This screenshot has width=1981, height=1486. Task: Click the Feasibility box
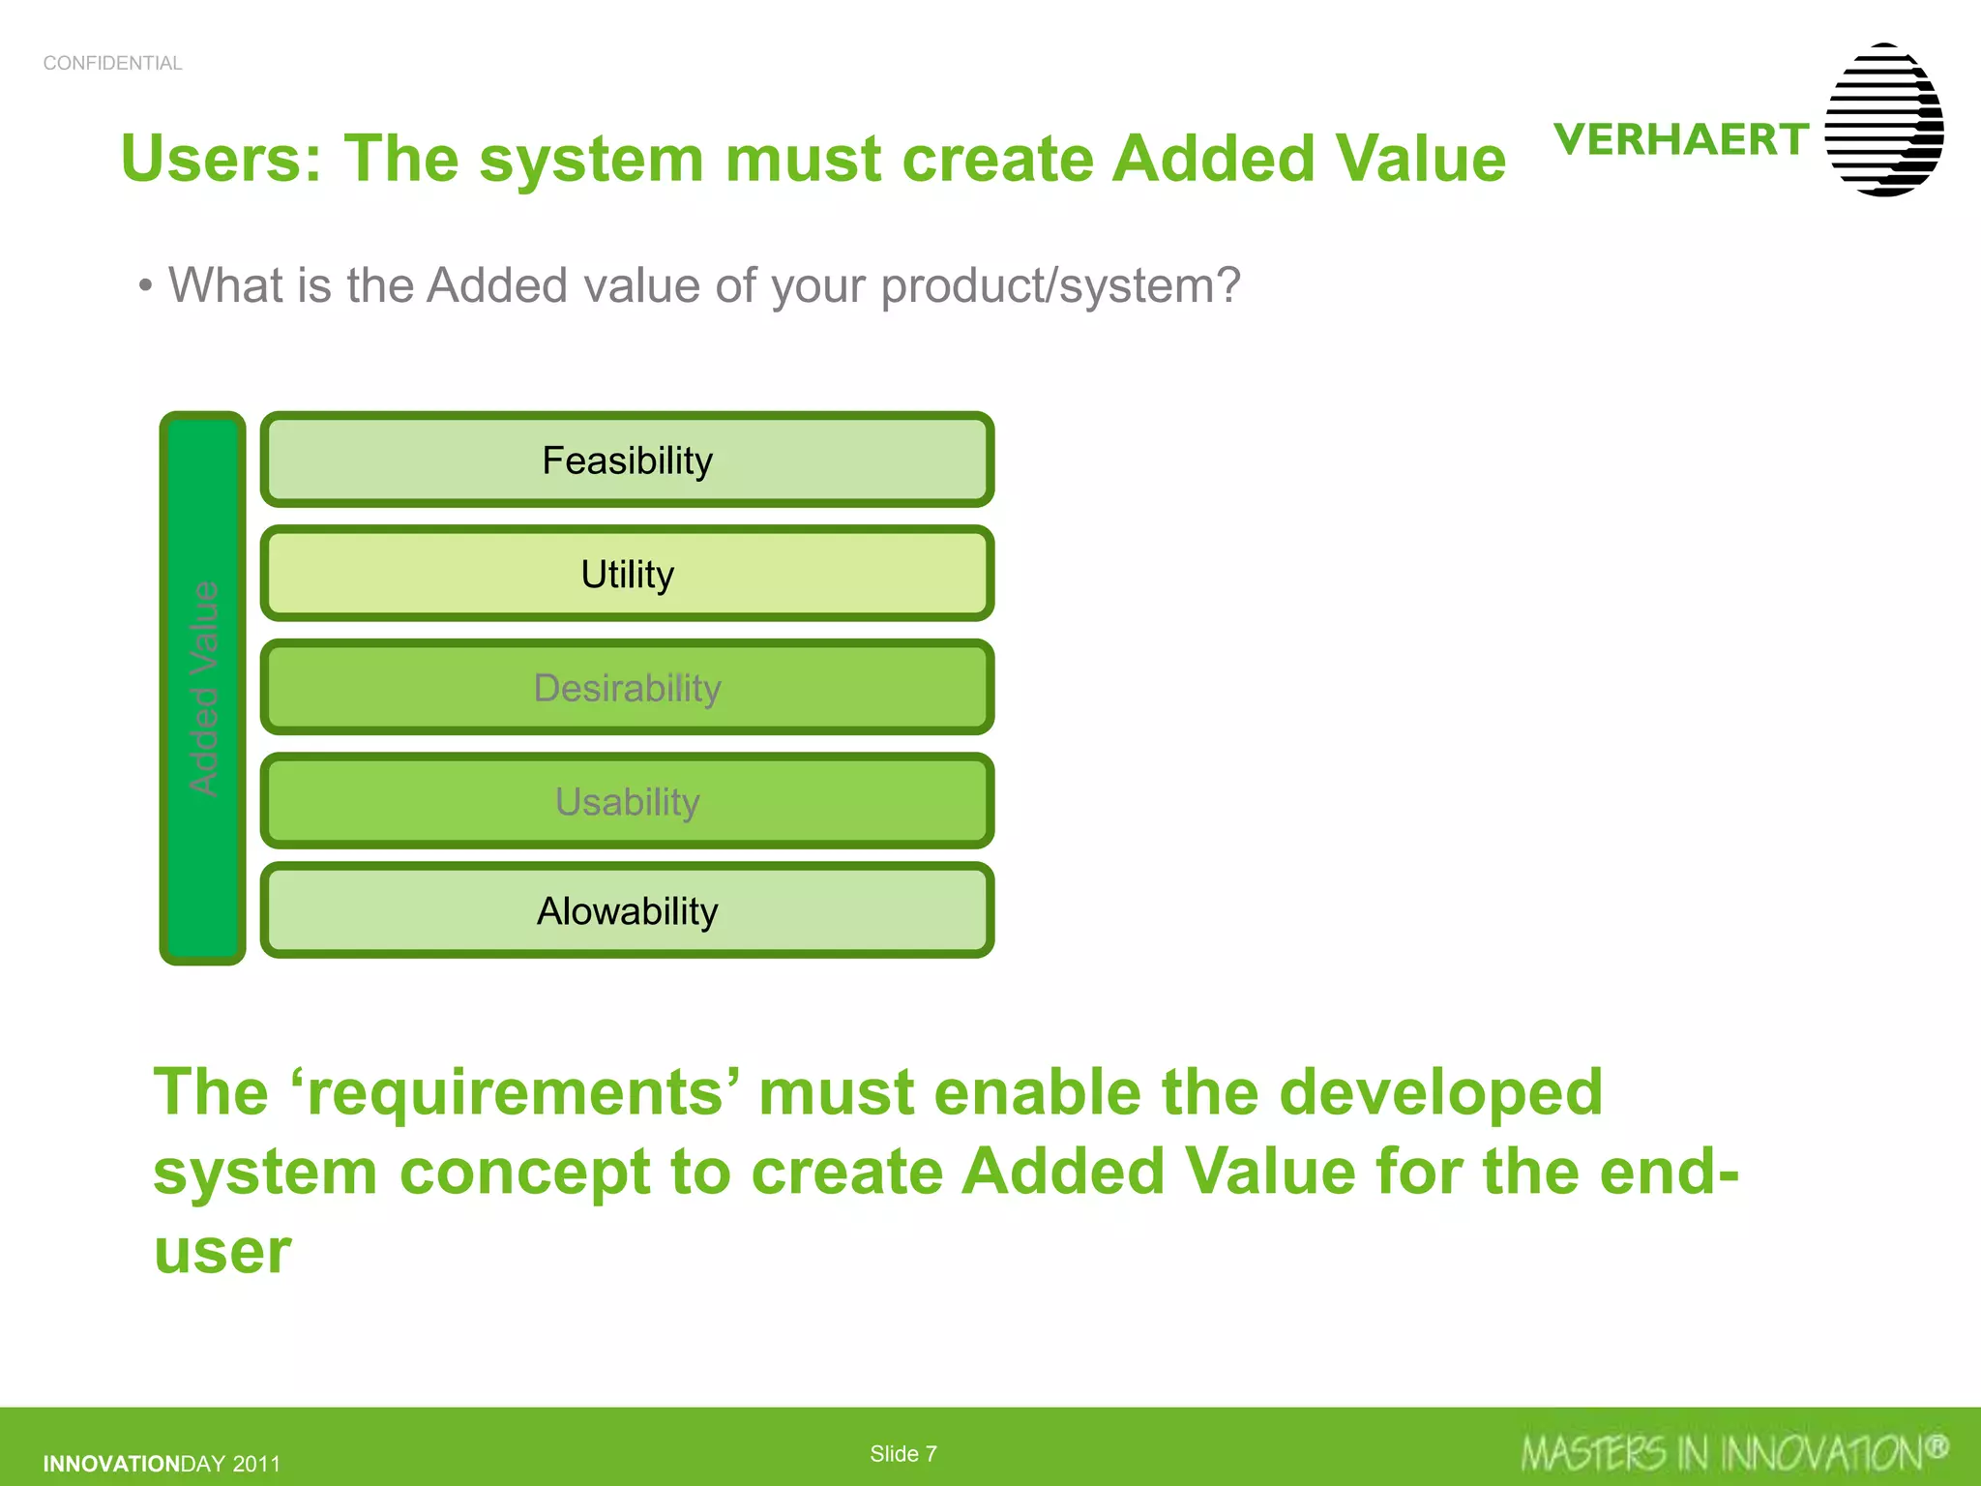[x=627, y=461]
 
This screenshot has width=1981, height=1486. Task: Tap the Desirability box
[x=627, y=688]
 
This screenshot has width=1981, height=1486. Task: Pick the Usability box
[x=627, y=802]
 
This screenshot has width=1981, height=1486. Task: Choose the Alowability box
[x=627, y=911]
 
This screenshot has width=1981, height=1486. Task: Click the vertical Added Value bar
[x=203, y=688]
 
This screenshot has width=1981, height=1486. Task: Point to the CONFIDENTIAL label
[x=112, y=63]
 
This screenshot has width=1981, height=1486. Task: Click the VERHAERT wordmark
[x=1681, y=139]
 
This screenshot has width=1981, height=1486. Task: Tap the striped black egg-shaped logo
[x=1883, y=120]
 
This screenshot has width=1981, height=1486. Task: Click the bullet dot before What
[x=145, y=286]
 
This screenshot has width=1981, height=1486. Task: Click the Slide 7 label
[x=902, y=1454]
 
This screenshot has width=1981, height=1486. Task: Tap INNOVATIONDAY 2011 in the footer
[x=162, y=1464]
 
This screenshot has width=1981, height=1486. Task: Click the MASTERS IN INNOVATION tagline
[x=1722, y=1454]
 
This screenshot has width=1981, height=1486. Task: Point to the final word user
[x=222, y=1252]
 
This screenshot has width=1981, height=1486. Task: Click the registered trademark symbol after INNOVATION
[x=1936, y=1447]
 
